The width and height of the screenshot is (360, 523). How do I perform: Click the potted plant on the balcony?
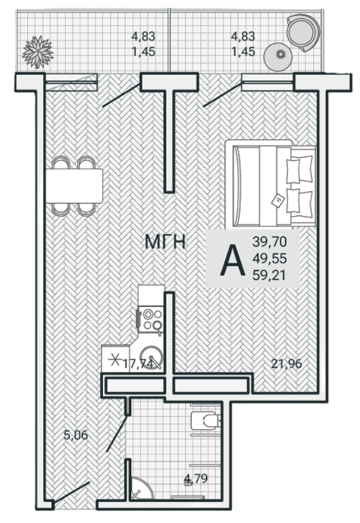pyautogui.click(x=38, y=52)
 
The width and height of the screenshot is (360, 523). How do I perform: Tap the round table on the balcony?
pyautogui.click(x=279, y=57)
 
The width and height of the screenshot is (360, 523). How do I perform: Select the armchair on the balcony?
pyautogui.click(x=304, y=33)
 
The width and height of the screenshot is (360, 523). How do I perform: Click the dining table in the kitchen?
pyautogui.click(x=74, y=186)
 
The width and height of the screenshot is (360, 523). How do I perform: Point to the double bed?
pyautogui.click(x=271, y=185)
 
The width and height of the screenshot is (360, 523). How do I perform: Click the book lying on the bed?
pyautogui.click(x=278, y=201)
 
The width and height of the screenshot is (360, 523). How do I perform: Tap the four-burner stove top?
pyautogui.click(x=151, y=319)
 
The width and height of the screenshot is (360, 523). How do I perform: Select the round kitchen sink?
pyautogui.click(x=151, y=356)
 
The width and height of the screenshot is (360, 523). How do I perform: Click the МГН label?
pyautogui.click(x=165, y=242)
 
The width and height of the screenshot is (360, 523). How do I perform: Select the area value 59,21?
pyautogui.click(x=270, y=275)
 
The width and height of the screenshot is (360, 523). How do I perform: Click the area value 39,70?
pyautogui.click(x=270, y=242)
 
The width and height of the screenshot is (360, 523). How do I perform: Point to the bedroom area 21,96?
pyautogui.click(x=286, y=363)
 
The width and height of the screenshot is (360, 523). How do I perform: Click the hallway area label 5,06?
pyautogui.click(x=76, y=435)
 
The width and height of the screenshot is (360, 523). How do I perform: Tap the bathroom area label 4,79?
pyautogui.click(x=196, y=478)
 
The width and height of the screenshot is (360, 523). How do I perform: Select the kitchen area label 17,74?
pyautogui.click(x=138, y=363)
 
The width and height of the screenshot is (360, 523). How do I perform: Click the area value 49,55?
pyautogui.click(x=270, y=258)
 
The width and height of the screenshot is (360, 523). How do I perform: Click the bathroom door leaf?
pyautogui.click(x=117, y=434)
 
